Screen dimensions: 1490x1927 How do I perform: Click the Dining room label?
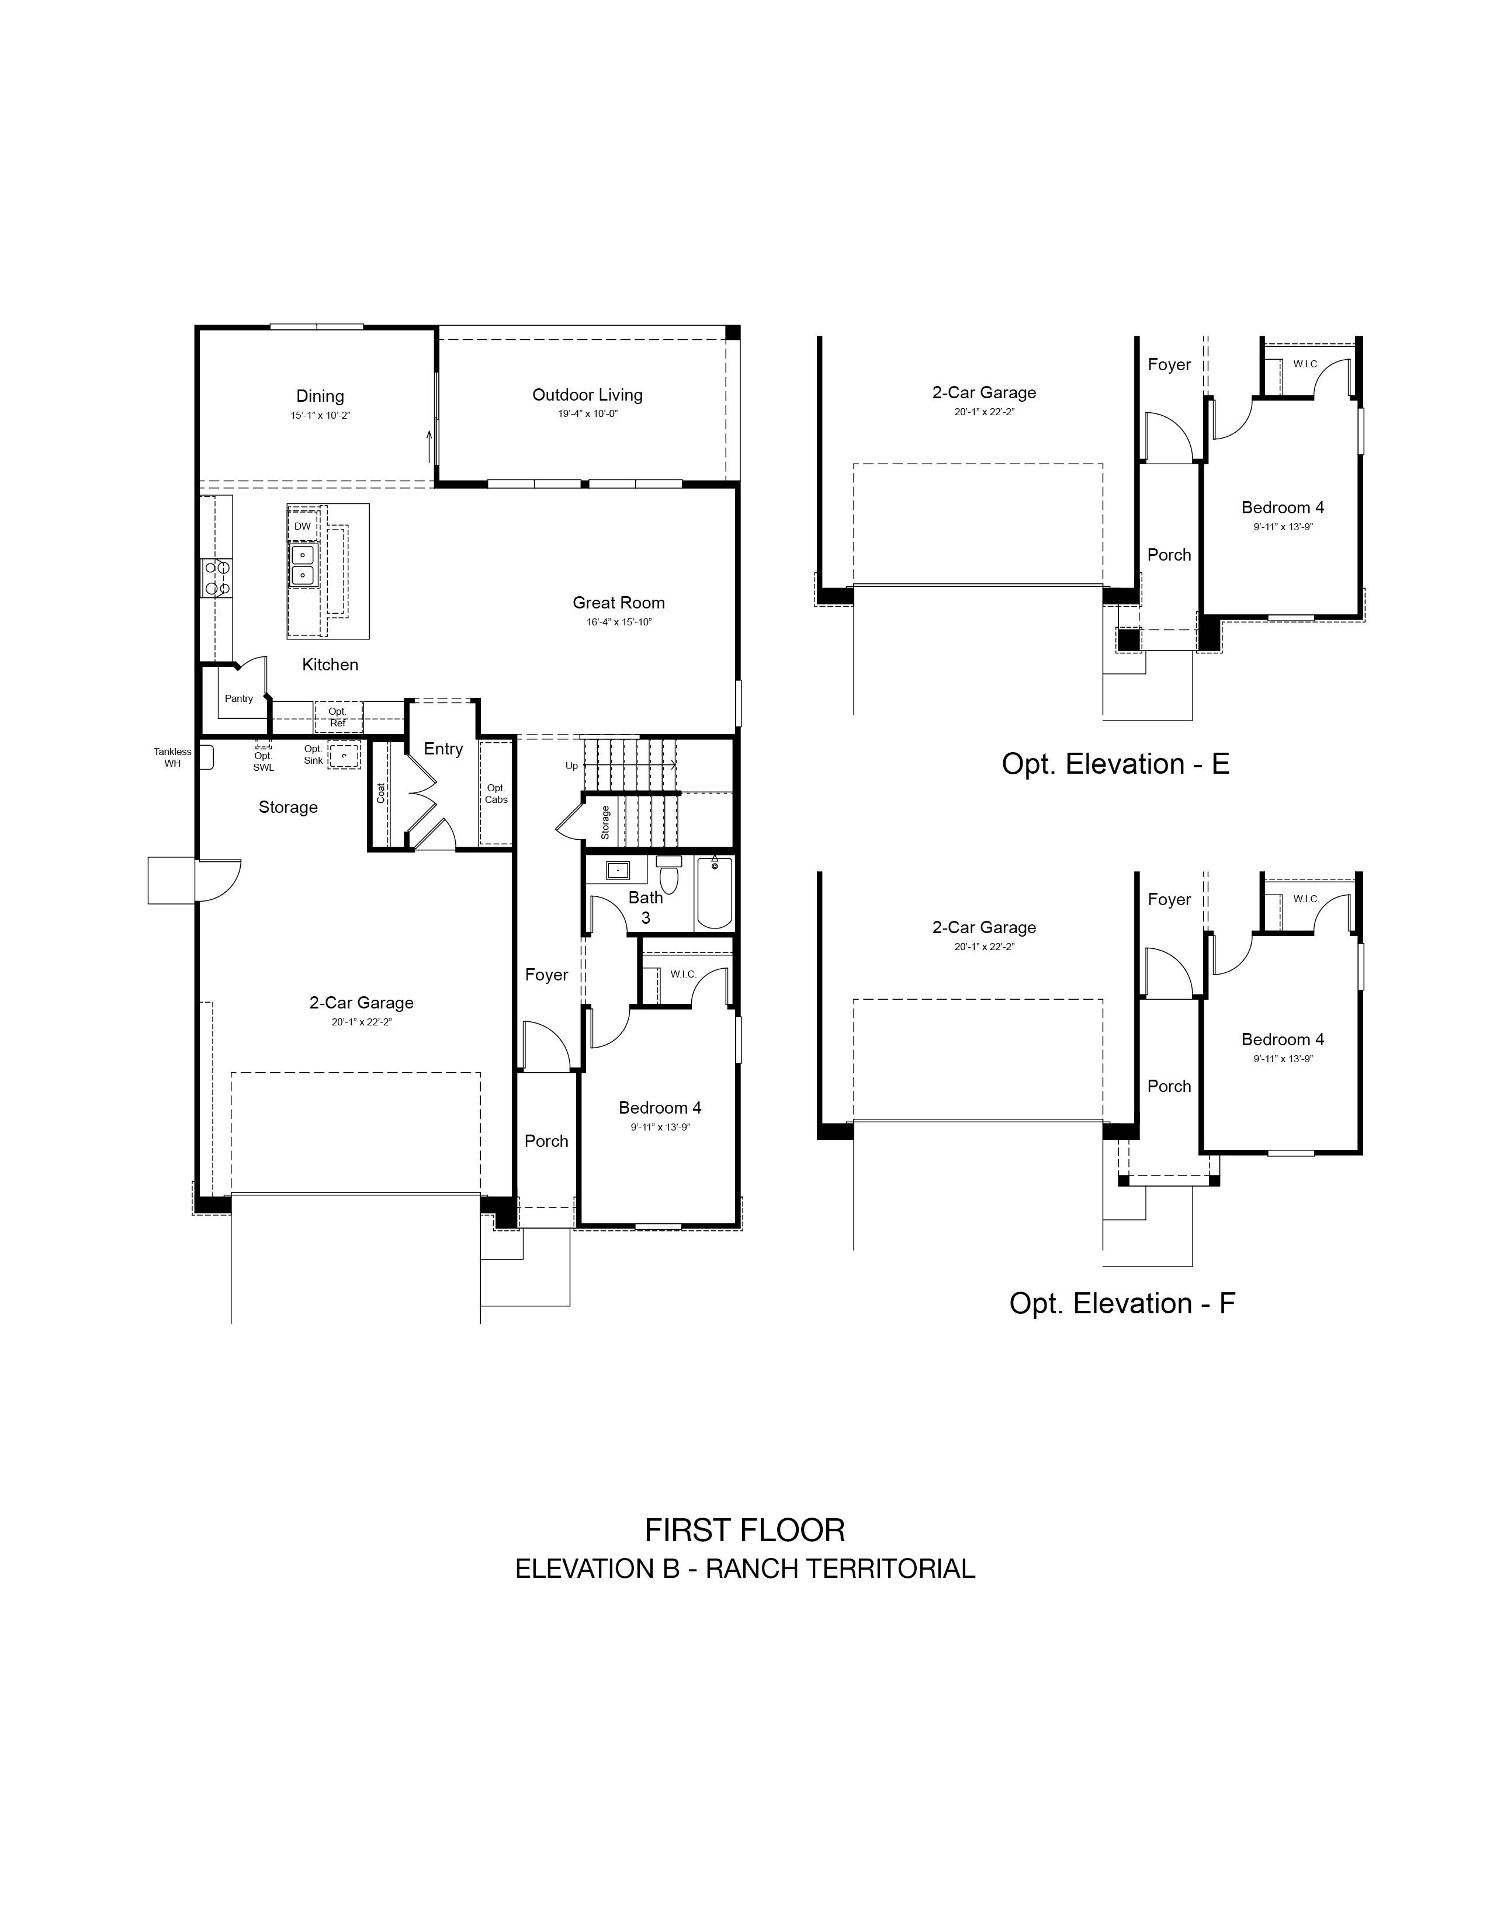point(320,396)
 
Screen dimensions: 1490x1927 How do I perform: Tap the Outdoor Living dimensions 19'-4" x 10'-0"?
point(588,414)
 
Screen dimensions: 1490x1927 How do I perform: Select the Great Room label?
point(619,603)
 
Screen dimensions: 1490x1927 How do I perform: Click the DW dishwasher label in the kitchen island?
point(303,526)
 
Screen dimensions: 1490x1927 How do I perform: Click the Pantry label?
point(238,698)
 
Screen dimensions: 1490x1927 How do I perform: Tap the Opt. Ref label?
point(337,717)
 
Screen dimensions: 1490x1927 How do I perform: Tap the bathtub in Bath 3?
point(714,892)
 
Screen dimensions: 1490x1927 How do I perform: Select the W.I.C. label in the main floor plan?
point(683,974)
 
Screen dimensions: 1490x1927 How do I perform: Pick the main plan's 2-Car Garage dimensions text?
point(362,1022)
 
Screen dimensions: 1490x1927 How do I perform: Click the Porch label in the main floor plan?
point(546,1141)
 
